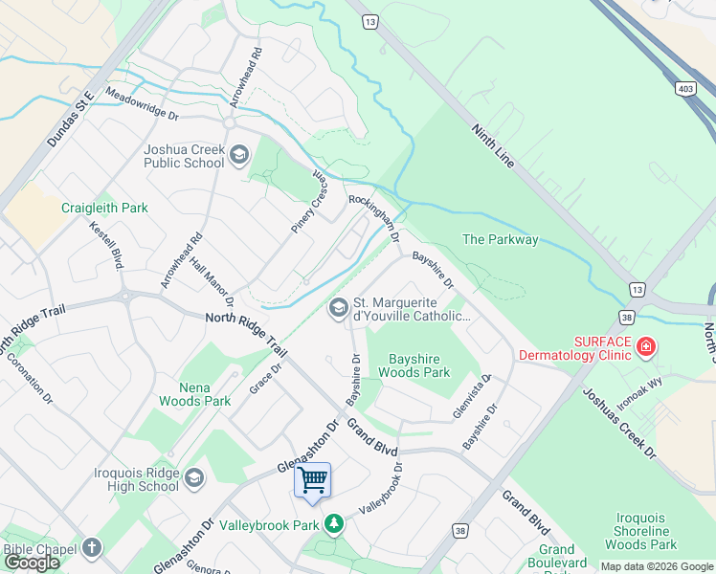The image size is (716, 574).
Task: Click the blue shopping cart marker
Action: [313, 479]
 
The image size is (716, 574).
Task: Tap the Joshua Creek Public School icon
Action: [239, 155]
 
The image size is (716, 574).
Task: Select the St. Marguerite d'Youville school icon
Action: [337, 307]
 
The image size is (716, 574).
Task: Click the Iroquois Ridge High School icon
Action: [194, 478]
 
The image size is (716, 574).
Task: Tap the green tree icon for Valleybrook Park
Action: [333, 524]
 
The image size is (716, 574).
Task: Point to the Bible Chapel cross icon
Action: [91, 548]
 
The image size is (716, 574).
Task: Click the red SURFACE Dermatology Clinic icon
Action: [646, 346]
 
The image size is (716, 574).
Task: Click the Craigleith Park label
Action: [104, 208]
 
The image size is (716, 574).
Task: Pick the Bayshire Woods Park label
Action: [414, 364]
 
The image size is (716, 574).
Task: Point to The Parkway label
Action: [500, 239]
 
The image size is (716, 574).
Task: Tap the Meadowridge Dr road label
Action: [142, 105]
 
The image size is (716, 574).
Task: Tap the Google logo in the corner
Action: [32, 563]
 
